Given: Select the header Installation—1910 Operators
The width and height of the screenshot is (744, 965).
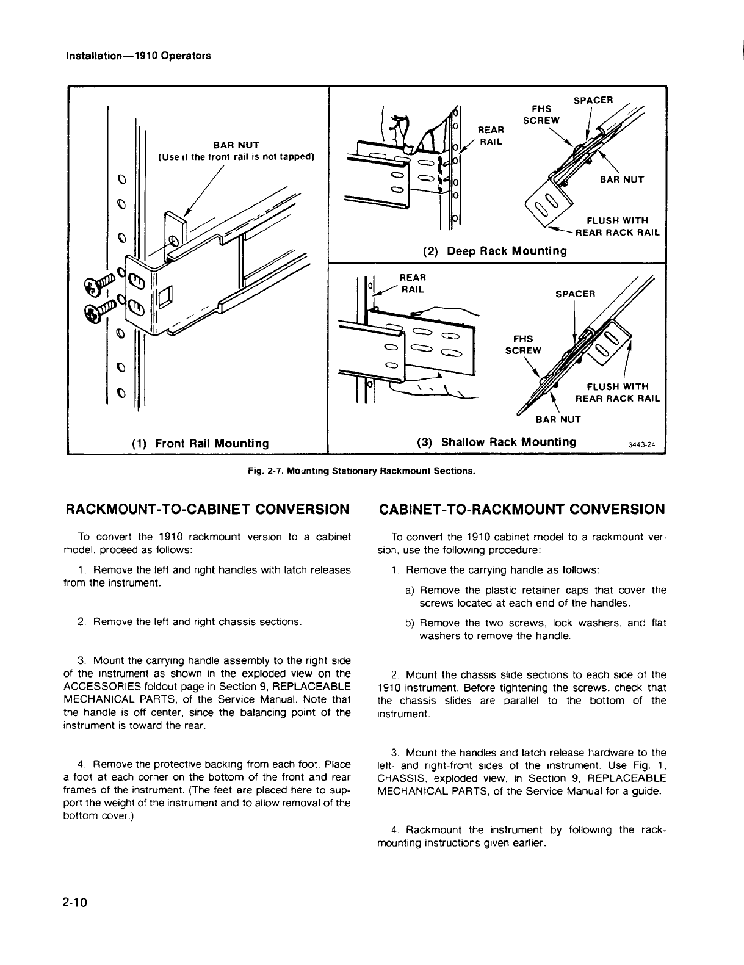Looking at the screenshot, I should [138, 56].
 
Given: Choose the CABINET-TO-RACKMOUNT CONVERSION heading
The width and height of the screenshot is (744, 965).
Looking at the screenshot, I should [522, 508].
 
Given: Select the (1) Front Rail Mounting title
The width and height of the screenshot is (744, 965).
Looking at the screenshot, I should [200, 443].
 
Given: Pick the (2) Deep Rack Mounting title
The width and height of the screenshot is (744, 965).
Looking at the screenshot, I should [494, 251].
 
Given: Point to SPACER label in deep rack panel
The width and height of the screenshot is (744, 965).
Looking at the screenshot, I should [594, 100].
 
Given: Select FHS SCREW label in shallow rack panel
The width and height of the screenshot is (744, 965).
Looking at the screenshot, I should [523, 344].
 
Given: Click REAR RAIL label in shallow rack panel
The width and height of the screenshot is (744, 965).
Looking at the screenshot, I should [411, 284].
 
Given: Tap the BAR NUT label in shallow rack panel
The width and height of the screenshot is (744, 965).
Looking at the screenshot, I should [558, 420].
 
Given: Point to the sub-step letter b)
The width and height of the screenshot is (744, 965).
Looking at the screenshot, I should [410, 623].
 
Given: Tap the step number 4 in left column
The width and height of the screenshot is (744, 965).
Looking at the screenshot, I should [81, 764].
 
